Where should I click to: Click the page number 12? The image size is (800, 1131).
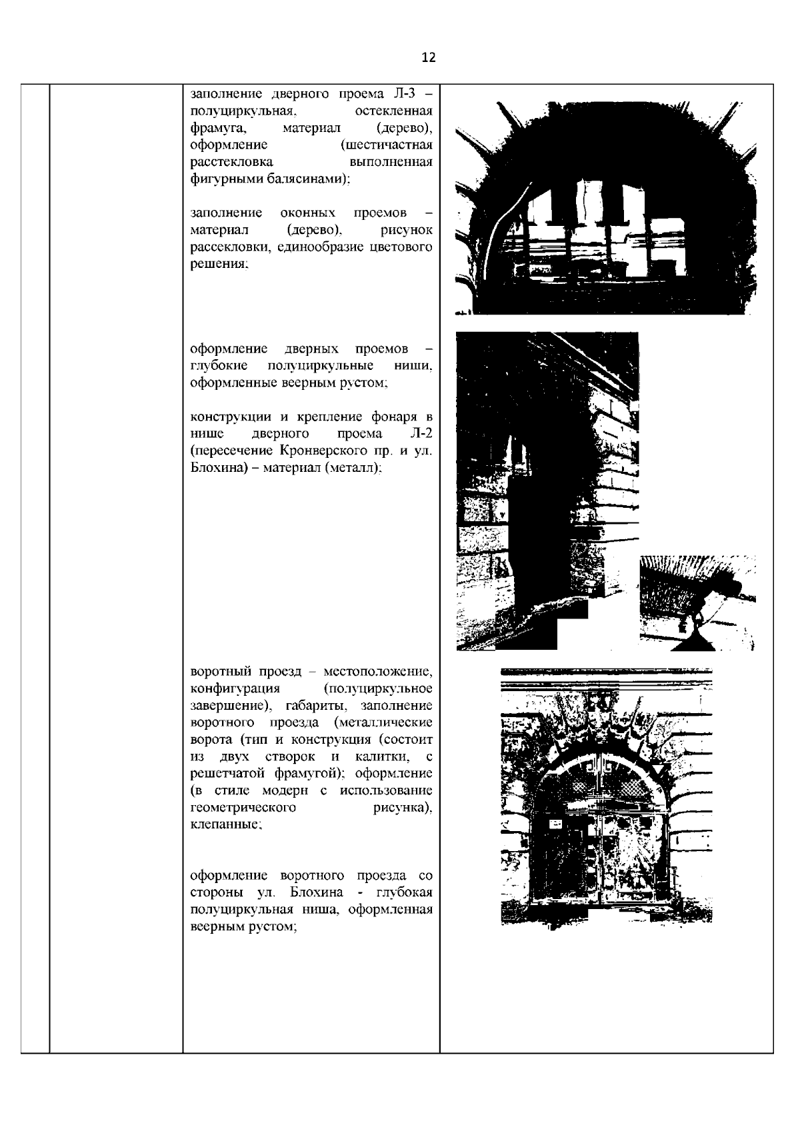click(x=429, y=58)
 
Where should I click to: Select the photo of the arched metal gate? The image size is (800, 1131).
click(x=606, y=797)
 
